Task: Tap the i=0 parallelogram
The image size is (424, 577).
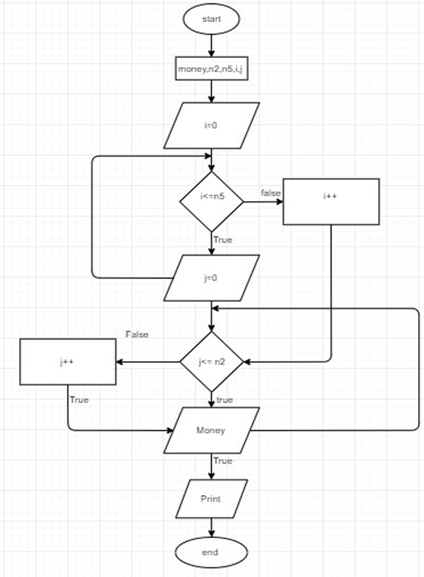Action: tap(212, 126)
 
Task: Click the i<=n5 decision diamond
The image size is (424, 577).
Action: tap(212, 201)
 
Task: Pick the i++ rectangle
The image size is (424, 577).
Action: tap(331, 201)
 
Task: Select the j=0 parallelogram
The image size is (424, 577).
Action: tap(212, 278)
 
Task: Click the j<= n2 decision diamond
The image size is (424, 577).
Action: tap(212, 362)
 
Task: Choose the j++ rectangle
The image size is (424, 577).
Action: tap(67, 362)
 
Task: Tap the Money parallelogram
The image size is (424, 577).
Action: tap(212, 430)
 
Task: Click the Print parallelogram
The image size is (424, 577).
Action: tap(212, 500)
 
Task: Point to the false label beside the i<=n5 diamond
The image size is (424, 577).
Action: tap(270, 193)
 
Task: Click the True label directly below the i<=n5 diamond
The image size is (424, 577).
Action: tap(222, 240)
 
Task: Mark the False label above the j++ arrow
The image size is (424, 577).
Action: tap(137, 334)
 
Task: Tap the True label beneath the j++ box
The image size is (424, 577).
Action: tap(78, 399)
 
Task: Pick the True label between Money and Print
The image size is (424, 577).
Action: tap(222, 461)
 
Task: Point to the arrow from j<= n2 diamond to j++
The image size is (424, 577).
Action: tap(147, 362)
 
